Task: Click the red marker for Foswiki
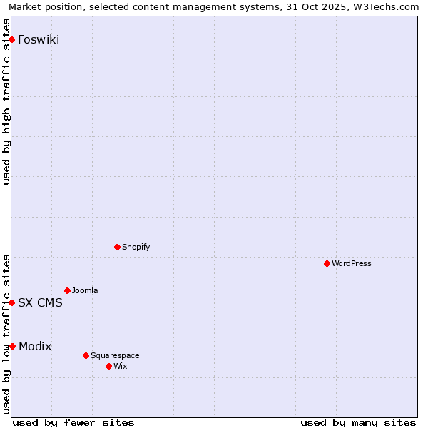pos(12,39)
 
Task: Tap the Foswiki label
pos(39,39)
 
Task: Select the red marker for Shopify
pos(117,247)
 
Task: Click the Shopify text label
pos(136,247)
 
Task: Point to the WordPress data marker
pos(327,263)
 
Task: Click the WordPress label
pos(351,263)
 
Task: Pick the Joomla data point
pos(67,290)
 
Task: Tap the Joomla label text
pos(85,290)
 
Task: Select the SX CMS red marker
pos(12,302)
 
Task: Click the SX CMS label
pos(40,302)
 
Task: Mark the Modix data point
pos(12,346)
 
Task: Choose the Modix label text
pos(35,346)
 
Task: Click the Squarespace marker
pos(86,355)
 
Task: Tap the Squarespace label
pos(115,355)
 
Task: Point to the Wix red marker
pos(108,366)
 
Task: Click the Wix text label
pos(120,366)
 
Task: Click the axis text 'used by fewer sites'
pos(73,422)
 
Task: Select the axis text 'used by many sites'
pos(358,422)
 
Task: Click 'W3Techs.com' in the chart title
pos(389,6)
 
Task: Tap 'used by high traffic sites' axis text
pos(6,101)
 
